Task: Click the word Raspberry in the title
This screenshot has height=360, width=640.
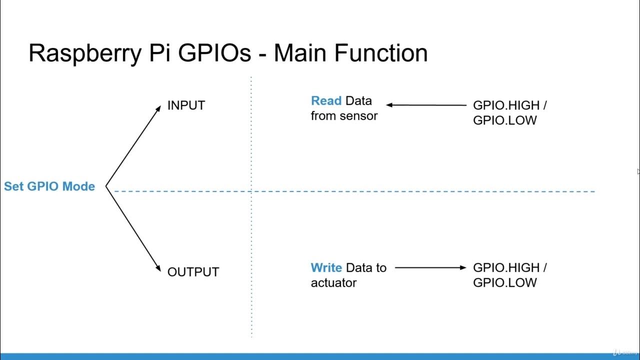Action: click(84, 53)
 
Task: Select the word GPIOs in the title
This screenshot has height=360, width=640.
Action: click(210, 53)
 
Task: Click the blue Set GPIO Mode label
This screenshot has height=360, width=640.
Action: click(49, 186)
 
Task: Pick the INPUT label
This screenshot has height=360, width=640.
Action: click(186, 105)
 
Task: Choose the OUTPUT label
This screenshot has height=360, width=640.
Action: click(193, 272)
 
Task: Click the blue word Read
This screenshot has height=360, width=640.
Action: click(326, 101)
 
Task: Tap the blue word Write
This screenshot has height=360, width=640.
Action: click(326, 268)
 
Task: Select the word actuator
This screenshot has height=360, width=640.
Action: click(333, 283)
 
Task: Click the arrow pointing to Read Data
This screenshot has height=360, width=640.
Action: click(425, 105)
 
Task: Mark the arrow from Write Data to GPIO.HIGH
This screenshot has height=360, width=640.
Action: click(430, 267)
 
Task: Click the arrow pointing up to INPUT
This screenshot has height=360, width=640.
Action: click(133, 145)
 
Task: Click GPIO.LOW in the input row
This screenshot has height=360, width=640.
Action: click(504, 120)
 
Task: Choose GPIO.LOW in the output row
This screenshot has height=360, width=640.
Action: click(504, 282)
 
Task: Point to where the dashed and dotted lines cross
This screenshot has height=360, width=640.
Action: click(251, 191)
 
